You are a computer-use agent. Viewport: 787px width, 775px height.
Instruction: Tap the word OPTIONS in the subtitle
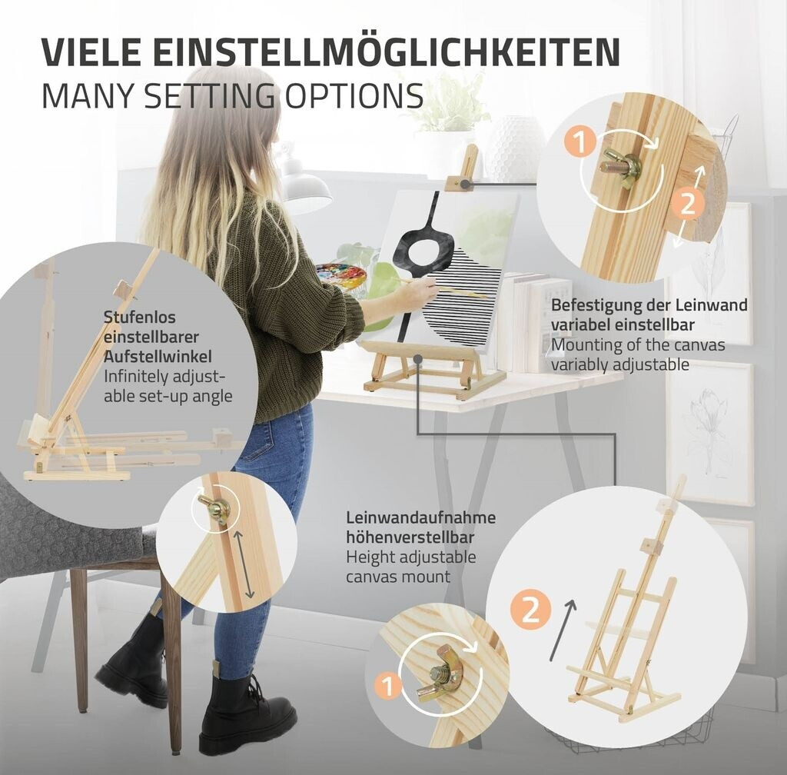click(x=354, y=95)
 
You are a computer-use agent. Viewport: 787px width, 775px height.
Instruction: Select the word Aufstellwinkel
click(x=158, y=357)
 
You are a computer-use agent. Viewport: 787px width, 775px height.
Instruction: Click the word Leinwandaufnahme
click(x=420, y=517)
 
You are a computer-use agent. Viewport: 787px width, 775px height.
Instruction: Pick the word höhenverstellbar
click(x=410, y=537)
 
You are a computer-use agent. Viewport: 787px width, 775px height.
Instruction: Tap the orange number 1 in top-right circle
click(x=579, y=142)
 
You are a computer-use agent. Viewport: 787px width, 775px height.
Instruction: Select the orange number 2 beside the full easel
click(x=531, y=610)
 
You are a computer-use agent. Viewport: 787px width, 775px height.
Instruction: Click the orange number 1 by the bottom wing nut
click(x=388, y=686)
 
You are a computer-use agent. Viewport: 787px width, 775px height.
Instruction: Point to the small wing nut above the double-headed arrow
click(x=214, y=507)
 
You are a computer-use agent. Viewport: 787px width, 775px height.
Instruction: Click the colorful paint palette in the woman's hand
click(x=340, y=277)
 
